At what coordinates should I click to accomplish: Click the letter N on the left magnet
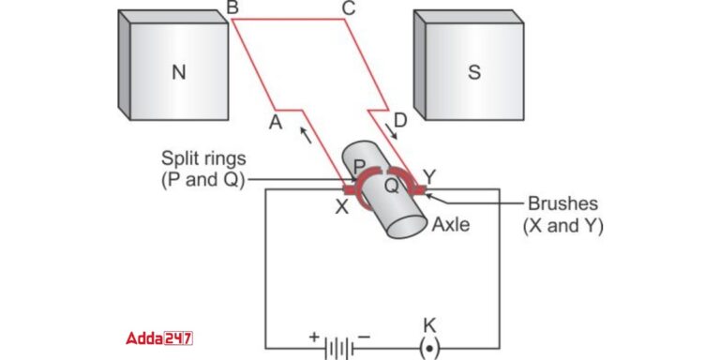[x=179, y=71]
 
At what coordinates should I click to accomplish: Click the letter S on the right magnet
[x=473, y=72]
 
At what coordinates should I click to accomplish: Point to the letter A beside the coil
[x=275, y=122]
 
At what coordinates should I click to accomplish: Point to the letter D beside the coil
[x=401, y=120]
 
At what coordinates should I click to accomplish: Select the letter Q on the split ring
[x=391, y=186]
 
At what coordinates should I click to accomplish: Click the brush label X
[x=341, y=206]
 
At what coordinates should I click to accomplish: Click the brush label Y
[x=430, y=174]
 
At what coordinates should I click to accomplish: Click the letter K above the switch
[x=429, y=324]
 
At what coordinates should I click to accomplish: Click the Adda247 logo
[x=159, y=337]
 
